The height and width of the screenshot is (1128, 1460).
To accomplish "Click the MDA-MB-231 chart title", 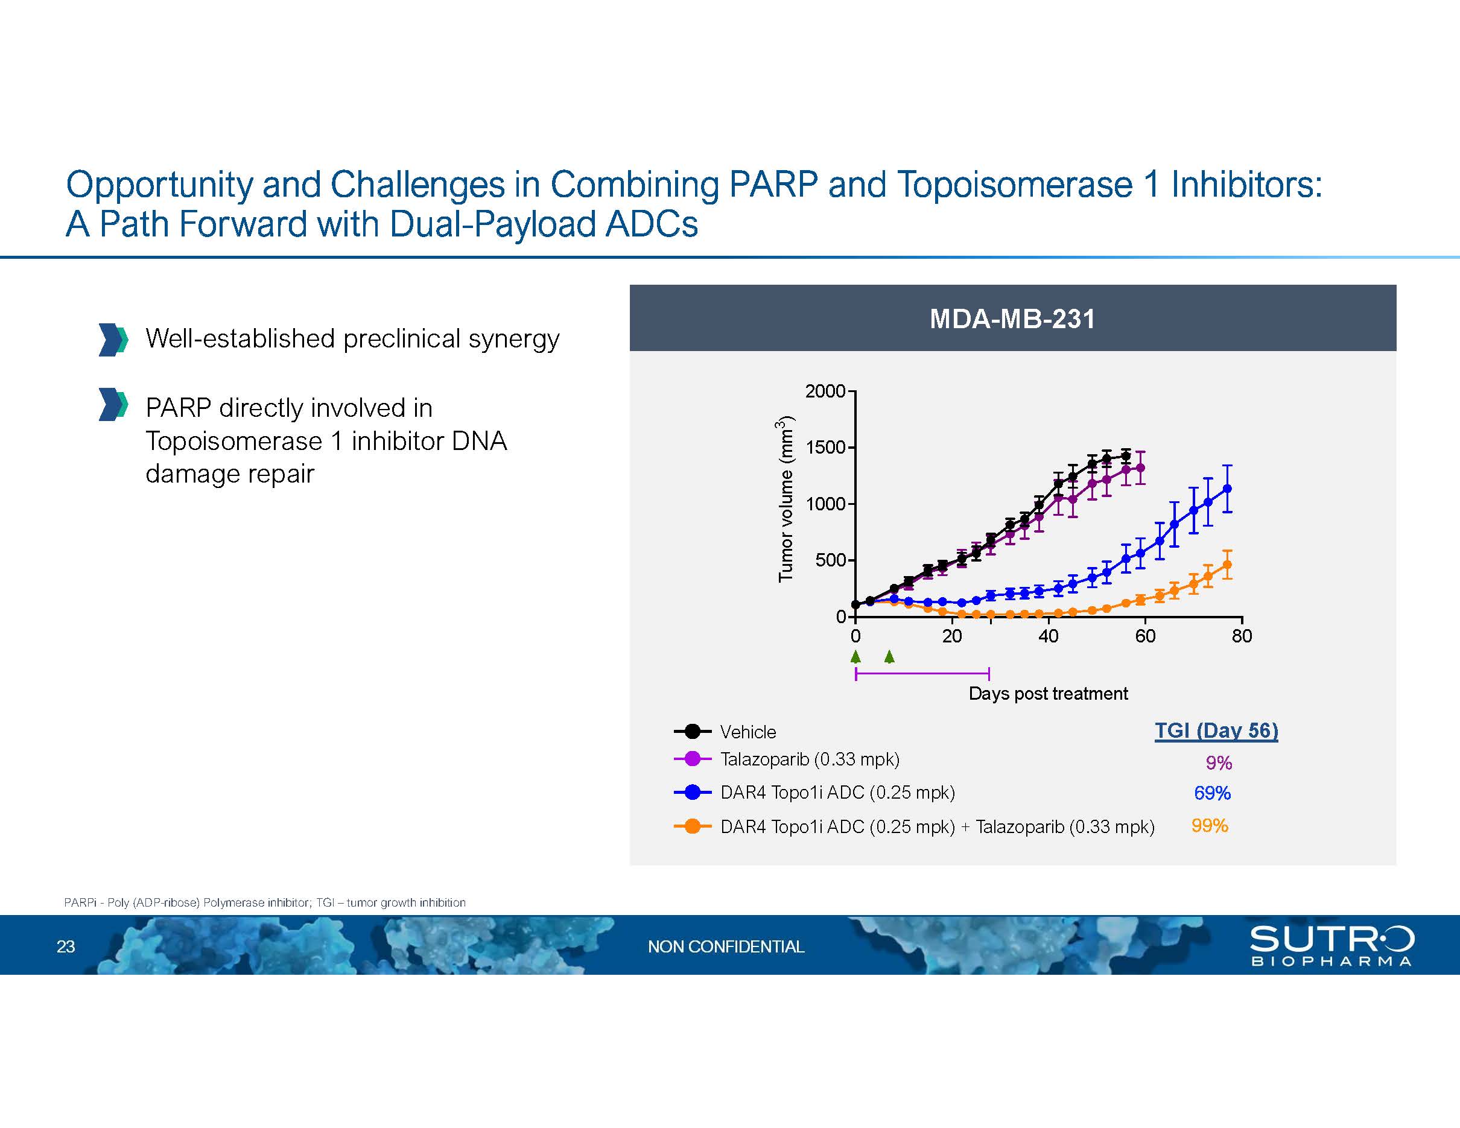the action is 1012,318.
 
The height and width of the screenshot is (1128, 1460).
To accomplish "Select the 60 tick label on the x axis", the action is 1145,636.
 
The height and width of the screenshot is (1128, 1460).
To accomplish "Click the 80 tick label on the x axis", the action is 1242,636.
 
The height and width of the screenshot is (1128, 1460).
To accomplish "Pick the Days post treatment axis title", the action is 1048,694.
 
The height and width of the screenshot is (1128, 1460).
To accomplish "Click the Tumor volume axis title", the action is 786,498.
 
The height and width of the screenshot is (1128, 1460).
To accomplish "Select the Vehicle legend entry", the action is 725,732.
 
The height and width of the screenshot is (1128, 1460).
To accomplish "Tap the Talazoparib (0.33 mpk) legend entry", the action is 786,759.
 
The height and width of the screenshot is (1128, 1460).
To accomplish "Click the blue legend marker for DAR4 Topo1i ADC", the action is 693,793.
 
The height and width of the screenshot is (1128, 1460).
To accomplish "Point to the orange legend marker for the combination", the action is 693,826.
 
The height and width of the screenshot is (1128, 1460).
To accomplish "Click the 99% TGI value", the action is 1209,826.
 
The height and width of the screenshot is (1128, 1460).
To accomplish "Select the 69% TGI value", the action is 1212,793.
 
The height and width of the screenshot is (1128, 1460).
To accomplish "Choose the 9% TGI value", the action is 1219,762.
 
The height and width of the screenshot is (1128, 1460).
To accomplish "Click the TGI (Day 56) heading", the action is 1216,730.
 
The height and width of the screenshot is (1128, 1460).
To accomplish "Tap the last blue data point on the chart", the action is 1227,489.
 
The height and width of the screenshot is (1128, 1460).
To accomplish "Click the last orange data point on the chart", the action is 1227,565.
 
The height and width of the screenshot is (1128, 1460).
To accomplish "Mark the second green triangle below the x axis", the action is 889,656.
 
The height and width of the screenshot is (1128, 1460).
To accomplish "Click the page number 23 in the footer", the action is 66,946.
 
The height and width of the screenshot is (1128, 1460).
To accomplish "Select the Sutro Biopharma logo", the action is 1331,946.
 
